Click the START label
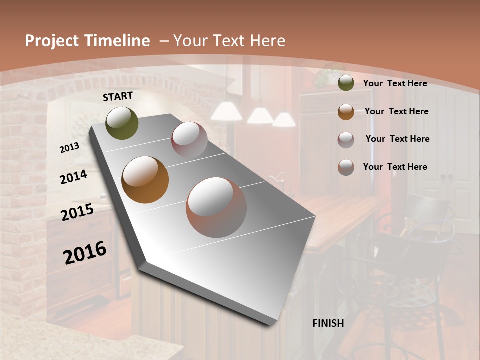(x=118, y=96)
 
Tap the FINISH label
(x=328, y=323)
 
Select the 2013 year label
(x=70, y=148)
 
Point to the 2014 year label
(x=73, y=177)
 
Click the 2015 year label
(x=77, y=212)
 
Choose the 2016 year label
(x=85, y=252)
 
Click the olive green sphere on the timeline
(x=122, y=123)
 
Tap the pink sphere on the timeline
(x=189, y=139)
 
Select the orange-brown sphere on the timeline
(x=145, y=179)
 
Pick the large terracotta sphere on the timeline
(x=216, y=207)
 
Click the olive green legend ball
(x=346, y=83)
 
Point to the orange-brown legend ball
(x=346, y=111)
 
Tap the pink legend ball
(x=346, y=139)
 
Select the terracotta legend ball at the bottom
(x=346, y=167)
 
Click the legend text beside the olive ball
(x=395, y=83)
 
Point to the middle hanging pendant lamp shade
(x=260, y=116)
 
